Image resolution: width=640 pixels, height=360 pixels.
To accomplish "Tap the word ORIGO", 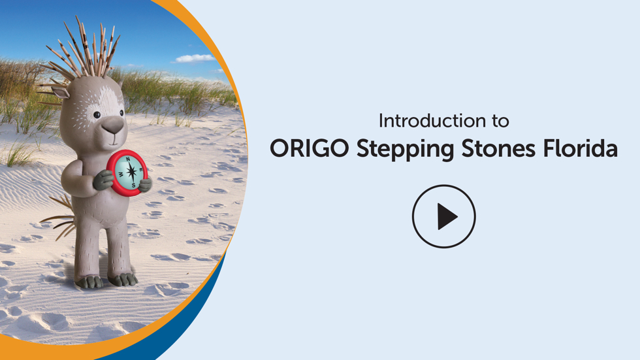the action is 310,148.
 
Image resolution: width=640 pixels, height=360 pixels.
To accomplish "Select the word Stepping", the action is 405,149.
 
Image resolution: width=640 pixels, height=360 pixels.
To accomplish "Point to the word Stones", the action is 498,148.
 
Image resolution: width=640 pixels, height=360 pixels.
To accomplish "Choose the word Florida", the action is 580,148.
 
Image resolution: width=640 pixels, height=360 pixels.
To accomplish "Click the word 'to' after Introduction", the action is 500,122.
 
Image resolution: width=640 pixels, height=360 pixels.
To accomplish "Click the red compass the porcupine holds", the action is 127,172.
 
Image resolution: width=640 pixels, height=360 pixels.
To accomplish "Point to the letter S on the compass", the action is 133,186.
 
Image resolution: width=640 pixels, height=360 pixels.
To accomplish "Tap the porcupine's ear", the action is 60,92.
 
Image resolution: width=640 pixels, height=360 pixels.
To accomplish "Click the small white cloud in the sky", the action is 195,59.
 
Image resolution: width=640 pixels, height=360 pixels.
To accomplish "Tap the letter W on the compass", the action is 121,174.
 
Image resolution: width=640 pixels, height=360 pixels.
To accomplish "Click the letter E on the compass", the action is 141,169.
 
